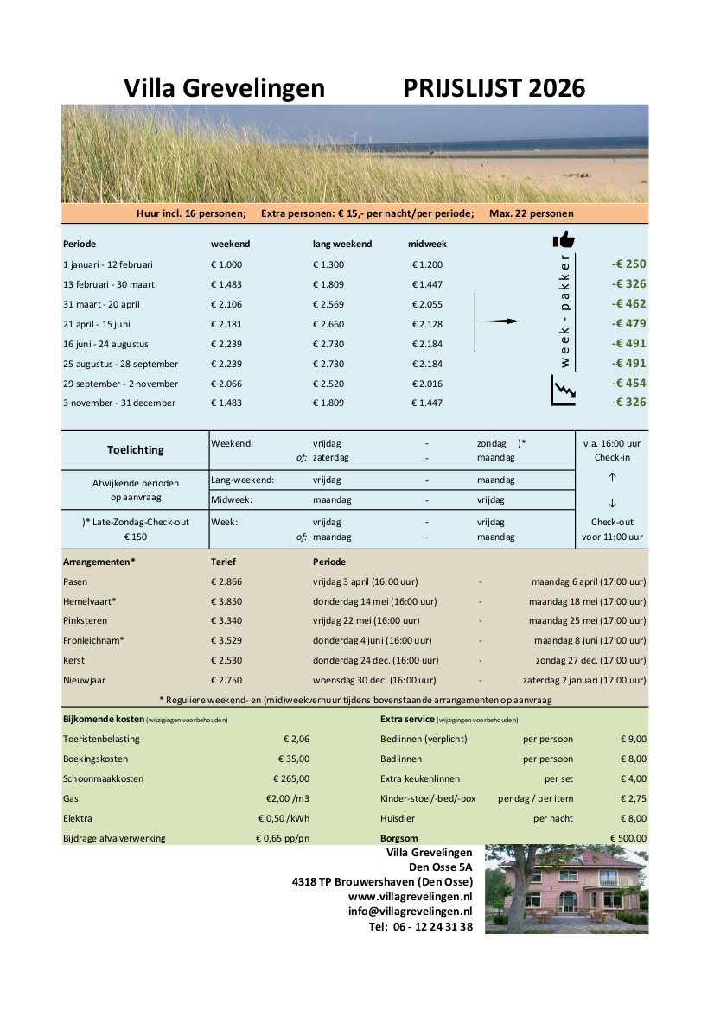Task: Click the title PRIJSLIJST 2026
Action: [494, 88]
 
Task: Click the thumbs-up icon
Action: [564, 239]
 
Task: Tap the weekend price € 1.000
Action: [226, 264]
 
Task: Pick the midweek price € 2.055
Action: [427, 304]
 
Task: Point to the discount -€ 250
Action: [628, 264]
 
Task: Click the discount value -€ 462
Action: [628, 304]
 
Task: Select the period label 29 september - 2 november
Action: [120, 384]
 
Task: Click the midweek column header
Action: [427, 244]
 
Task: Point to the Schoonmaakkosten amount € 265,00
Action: [289, 778]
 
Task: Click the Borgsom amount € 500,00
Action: [628, 838]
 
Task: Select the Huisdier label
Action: [398, 818]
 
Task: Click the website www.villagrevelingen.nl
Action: [411, 897]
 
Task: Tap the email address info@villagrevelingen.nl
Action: [411, 912]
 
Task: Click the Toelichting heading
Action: [135, 450]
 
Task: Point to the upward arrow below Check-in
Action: [612, 477]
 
